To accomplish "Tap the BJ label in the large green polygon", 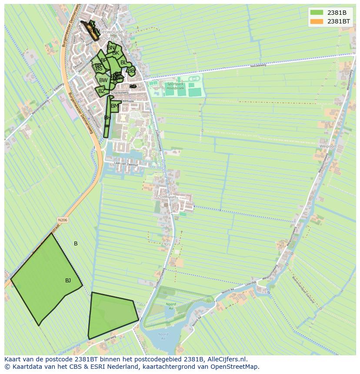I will pos(68,281).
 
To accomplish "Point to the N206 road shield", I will pos(63,220).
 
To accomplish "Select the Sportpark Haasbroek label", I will pos(174,86).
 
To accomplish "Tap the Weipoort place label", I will pos(327,146).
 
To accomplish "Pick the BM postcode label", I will pos(115,106).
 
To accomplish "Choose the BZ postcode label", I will pos(101,91).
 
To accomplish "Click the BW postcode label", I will pos(103,80).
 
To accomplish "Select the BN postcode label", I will pos(111,48).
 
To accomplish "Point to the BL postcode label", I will pos(123,63).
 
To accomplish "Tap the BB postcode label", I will pos(131,70).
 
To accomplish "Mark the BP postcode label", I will pos(103,60).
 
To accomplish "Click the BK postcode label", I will pos(116,53).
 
